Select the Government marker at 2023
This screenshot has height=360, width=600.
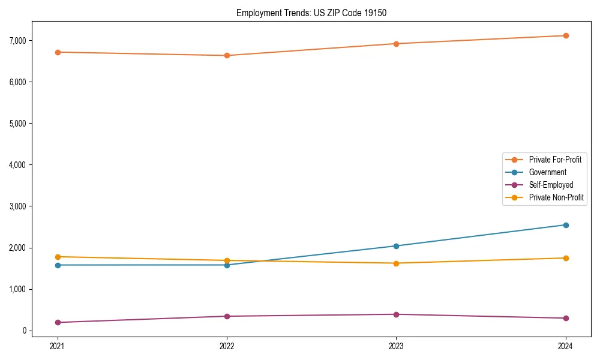coord(396,246)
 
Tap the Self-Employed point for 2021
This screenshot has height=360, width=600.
coord(58,322)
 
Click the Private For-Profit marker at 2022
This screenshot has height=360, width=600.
coord(227,55)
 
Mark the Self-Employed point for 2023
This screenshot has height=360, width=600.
coord(396,314)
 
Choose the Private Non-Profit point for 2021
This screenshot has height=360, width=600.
coord(58,257)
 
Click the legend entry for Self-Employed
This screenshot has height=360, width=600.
coord(551,185)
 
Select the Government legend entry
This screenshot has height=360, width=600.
coord(547,172)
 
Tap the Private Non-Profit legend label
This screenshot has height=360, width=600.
coord(556,197)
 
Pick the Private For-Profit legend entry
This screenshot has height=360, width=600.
coord(555,160)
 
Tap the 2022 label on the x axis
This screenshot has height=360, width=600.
coord(227,346)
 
